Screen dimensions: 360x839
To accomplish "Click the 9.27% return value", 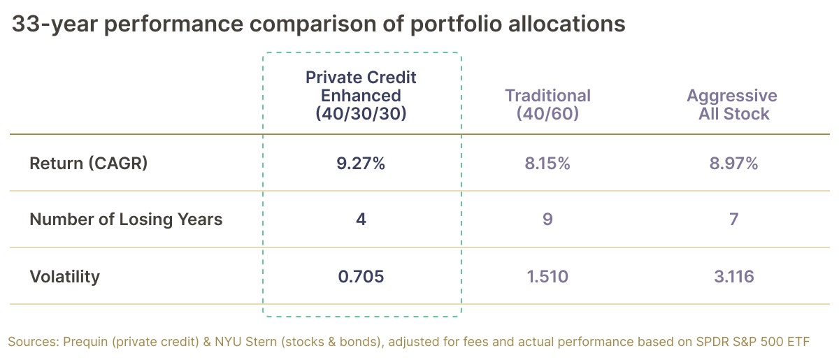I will coord(361,164).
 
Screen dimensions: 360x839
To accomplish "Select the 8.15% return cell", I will coord(547,164).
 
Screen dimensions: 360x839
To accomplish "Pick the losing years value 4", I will coord(361,219).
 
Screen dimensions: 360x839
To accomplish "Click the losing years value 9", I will coord(547,219).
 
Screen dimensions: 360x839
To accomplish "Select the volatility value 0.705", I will coord(361,277).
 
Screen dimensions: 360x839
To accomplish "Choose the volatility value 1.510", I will coord(547,277).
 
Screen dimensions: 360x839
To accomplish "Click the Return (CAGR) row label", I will coord(88,164).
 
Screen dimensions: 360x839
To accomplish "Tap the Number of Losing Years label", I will coord(126,219).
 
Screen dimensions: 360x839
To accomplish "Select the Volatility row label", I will coord(64,277).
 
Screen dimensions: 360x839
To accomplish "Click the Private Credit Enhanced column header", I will coord(361,95).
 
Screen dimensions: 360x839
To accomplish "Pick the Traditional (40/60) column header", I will coord(547,104).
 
